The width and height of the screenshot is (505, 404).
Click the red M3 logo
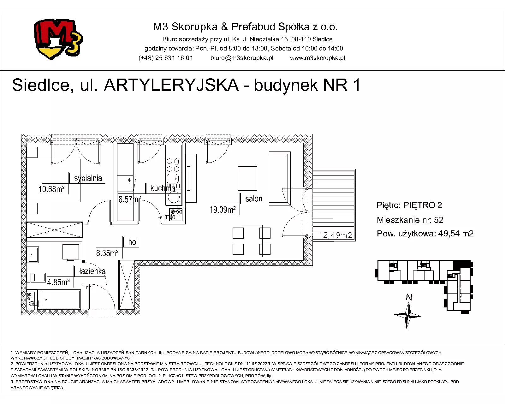pos(58,39)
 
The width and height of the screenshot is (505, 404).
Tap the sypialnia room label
pos(88,178)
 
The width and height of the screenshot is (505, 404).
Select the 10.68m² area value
pos(51,189)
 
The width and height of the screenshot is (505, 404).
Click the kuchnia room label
pos(163,188)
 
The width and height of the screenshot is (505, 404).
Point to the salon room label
pos(254,199)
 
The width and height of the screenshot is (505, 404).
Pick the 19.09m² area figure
pos(223,209)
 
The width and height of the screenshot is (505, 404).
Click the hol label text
pos(133,242)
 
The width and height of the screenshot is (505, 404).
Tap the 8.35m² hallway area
pos(107,253)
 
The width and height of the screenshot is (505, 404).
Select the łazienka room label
pos(92,271)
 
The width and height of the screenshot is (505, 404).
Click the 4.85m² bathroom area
pos(58,282)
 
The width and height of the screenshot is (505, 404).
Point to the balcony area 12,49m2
pos(336,235)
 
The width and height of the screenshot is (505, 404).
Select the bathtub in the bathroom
pos(61,300)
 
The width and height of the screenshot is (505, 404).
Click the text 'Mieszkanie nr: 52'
pos(410,220)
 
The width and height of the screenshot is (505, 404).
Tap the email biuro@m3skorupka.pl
pos(242,58)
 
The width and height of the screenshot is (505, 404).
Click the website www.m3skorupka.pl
pos(318,58)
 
